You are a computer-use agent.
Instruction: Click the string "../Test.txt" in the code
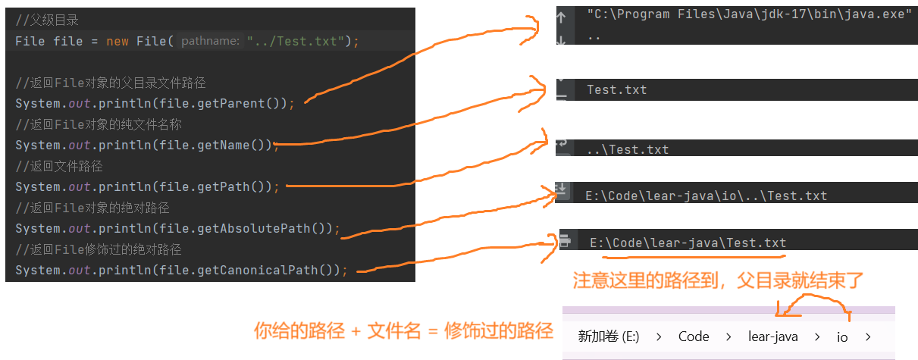pyautogui.click(x=296, y=41)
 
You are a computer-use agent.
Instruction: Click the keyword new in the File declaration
pyautogui.click(x=117, y=41)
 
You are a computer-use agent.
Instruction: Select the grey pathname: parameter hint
pyautogui.click(x=210, y=41)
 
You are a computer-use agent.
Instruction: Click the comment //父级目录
pyautogui.click(x=47, y=20)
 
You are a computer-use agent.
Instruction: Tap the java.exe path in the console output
pyautogui.click(x=749, y=14)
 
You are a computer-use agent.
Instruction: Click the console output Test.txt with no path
pyautogui.click(x=616, y=90)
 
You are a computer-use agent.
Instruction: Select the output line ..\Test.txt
pyautogui.click(x=627, y=150)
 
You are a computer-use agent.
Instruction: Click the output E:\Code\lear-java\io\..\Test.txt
pyautogui.click(x=706, y=196)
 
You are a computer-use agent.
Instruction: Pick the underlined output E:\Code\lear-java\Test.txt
pyautogui.click(x=688, y=243)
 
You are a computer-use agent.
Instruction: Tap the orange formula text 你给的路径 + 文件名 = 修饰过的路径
pyautogui.click(x=403, y=331)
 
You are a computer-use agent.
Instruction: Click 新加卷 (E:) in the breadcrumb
pyautogui.click(x=609, y=337)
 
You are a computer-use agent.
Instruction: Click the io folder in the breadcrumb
pyautogui.click(x=842, y=337)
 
